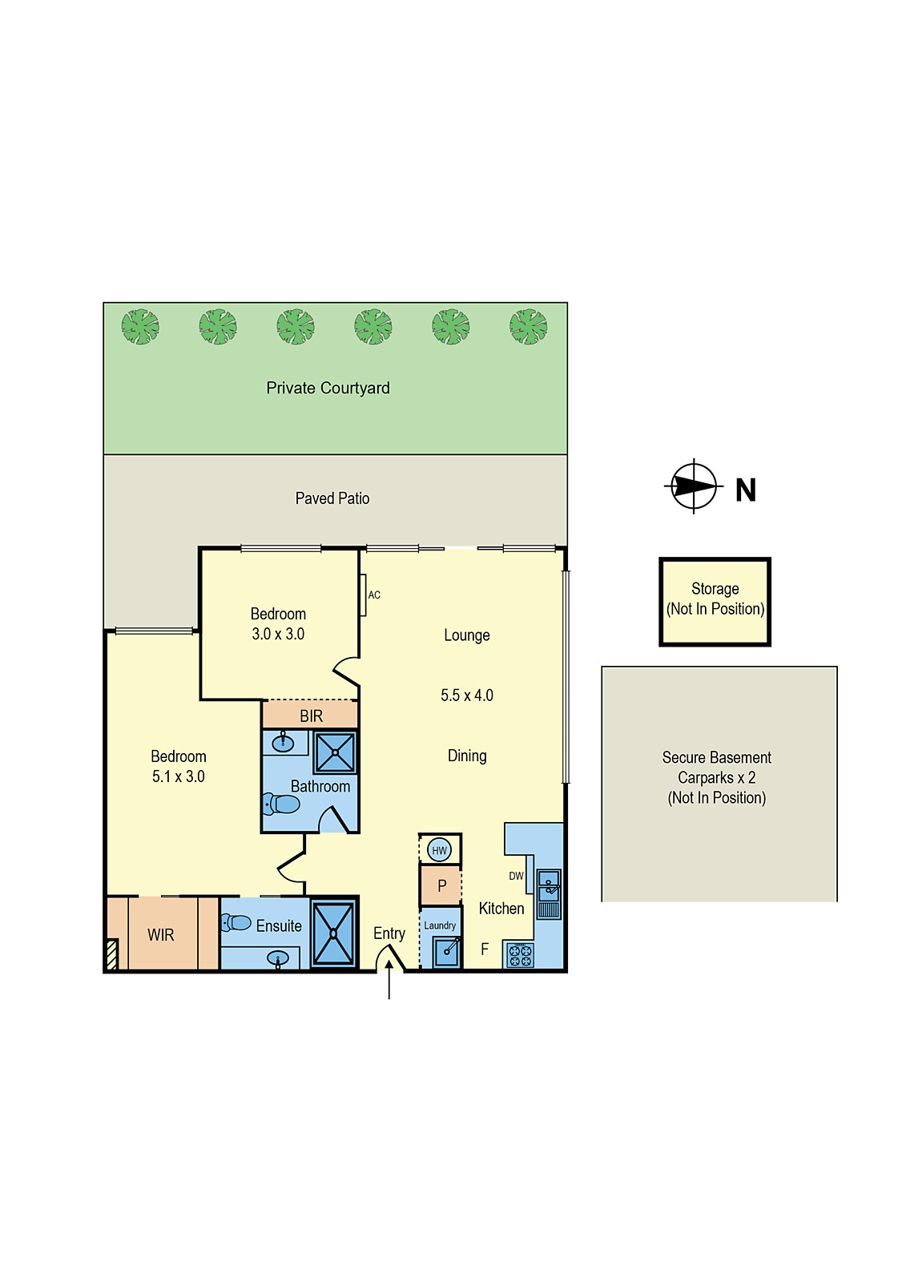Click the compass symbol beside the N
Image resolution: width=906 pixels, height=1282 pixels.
694,486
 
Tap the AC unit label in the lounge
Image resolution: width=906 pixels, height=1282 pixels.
374,595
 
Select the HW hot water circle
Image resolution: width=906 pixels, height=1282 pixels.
439,850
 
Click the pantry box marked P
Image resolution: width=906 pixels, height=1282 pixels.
441,886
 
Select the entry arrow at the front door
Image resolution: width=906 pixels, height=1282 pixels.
389,979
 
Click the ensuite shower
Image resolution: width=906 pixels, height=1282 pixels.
332,933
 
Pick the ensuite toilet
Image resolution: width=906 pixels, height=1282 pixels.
236,923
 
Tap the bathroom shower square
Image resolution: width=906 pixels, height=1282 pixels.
334,752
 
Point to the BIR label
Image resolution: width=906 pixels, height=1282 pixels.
311,716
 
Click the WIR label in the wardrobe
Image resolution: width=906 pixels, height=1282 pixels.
160,935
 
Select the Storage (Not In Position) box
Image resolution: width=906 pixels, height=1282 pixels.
715,601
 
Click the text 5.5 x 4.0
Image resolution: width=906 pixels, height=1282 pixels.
466,695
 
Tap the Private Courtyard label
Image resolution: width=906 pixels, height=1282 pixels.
328,389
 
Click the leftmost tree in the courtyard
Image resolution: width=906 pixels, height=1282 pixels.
140,327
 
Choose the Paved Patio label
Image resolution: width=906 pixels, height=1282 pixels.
332,498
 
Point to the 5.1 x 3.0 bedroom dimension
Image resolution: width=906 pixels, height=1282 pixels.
178,776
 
